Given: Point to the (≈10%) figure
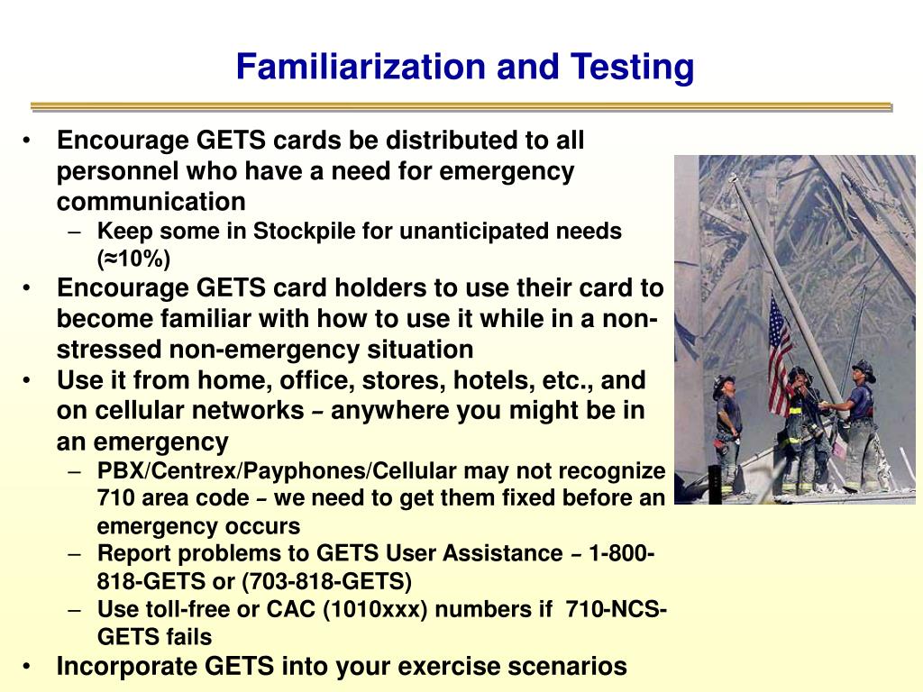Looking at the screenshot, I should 133,259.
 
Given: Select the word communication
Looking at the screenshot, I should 151,201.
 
